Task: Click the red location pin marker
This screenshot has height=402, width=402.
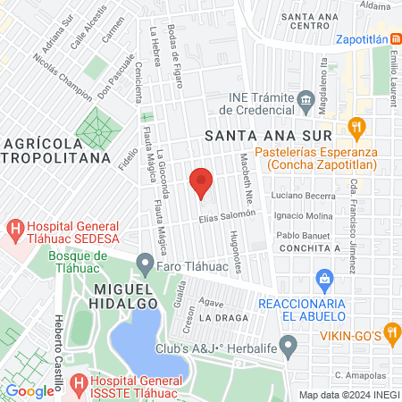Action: tap(202, 181)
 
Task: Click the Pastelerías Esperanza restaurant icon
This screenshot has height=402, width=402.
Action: tap(356, 127)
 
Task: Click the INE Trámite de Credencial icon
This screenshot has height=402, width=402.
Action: tap(306, 98)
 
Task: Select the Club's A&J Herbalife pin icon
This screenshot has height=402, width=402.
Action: tap(288, 344)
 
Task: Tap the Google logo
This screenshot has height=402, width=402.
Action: tap(29, 390)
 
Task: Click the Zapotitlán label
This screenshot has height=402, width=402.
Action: tap(369, 40)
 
